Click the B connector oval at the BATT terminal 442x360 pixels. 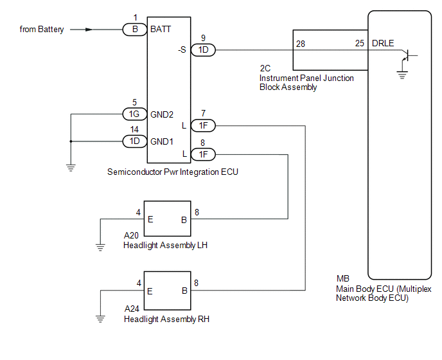point(135,30)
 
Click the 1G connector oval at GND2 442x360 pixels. point(135,114)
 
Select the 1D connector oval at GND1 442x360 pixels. point(135,141)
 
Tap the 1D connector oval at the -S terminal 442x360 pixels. point(203,50)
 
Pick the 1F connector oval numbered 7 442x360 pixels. point(203,125)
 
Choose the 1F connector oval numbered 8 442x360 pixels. point(203,154)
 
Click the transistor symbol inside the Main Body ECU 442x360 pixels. point(408,55)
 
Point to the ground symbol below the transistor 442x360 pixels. point(402,75)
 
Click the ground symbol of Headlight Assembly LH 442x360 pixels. point(100,248)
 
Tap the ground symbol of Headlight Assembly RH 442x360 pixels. point(100,319)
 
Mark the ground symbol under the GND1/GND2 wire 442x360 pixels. point(71,168)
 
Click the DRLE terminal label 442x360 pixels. point(383,43)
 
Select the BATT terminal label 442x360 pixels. point(161,29)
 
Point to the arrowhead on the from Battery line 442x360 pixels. point(89,30)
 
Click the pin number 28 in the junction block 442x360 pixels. point(301,44)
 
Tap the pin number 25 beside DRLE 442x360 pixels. point(359,43)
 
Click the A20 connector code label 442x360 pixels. point(131,235)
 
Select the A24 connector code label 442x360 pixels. point(132,309)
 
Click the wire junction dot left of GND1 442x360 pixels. point(71,141)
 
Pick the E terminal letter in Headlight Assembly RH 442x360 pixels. point(150,291)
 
